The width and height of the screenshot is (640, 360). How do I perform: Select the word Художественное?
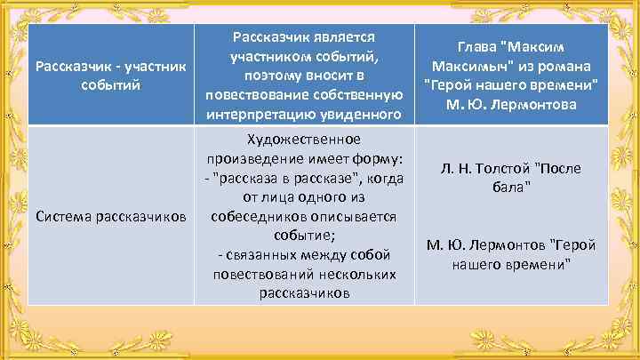click(x=303, y=140)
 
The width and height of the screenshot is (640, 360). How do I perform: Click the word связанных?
click(x=270, y=256)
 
